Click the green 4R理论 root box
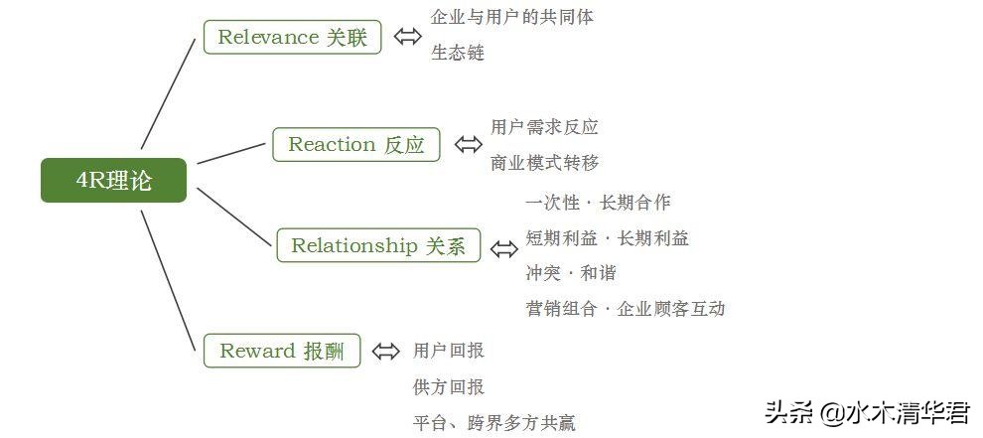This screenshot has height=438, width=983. point(113,181)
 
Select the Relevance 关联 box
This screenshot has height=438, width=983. point(293,37)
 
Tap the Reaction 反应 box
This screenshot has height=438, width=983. point(356,145)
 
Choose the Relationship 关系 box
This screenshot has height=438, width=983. point(378,245)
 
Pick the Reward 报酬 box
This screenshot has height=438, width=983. point(282,351)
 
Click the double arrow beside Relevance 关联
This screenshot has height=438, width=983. point(407,37)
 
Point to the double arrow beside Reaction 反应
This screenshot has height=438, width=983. point(469,144)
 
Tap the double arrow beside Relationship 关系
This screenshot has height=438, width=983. point(504,249)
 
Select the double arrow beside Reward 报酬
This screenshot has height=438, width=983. point(385,351)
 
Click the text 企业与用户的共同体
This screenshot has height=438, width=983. point(512,17)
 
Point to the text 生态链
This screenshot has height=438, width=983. point(458,53)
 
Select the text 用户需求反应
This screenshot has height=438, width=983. point(544,127)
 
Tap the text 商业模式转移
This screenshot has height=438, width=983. point(545,163)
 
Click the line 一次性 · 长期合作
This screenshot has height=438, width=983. point(598,203)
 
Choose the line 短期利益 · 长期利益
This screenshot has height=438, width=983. point(608,238)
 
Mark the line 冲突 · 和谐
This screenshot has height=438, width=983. point(571,273)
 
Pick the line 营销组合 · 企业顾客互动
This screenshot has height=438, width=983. point(626,309)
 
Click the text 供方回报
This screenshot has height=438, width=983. point(449,386)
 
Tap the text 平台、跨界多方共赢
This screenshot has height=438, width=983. point(494,423)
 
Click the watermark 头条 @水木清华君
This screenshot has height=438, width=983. point(868,412)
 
